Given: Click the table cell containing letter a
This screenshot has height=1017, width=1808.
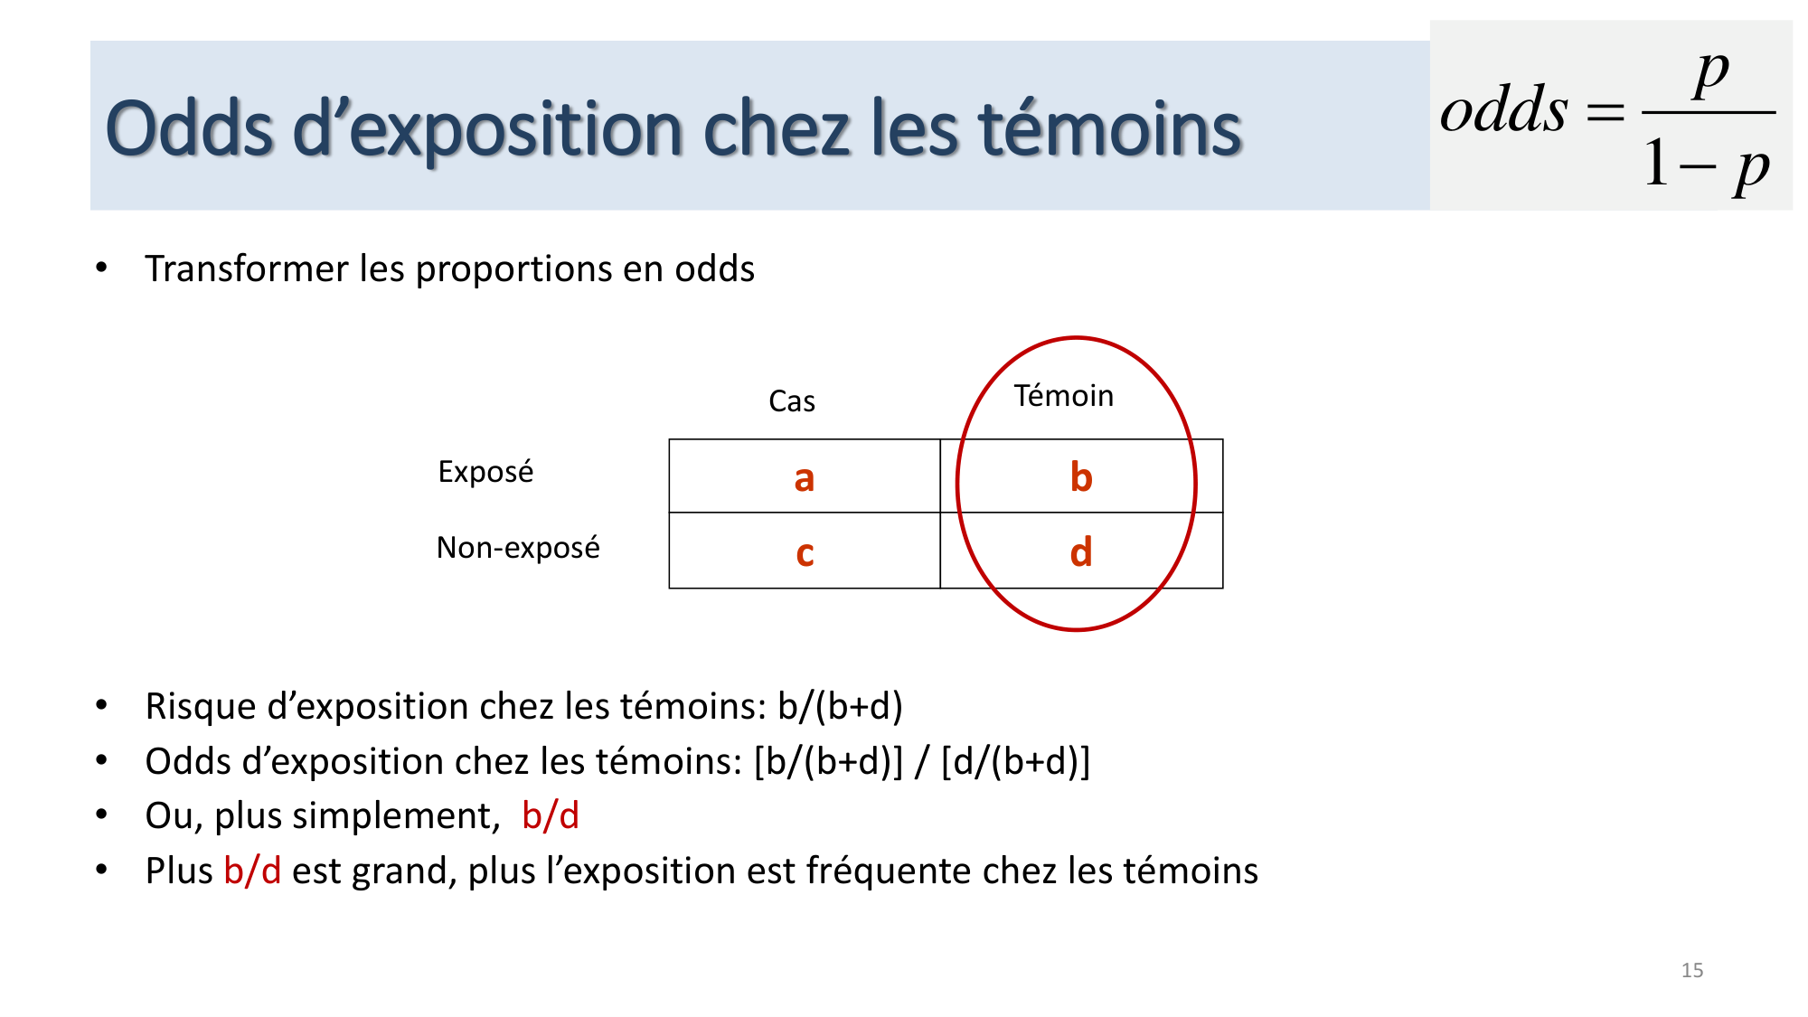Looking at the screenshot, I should [x=804, y=477].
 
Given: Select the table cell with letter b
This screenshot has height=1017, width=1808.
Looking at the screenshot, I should [x=1081, y=477].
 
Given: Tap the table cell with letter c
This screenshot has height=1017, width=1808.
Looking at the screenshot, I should [x=804, y=552].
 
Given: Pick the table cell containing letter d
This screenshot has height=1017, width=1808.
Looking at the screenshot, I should [x=1081, y=552].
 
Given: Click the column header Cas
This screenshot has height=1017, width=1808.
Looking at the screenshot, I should [x=791, y=401].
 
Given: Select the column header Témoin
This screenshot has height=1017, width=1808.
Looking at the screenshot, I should [x=1063, y=396].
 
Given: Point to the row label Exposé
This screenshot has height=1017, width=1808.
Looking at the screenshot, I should [x=485, y=472].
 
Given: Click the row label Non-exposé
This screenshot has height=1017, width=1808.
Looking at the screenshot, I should [x=518, y=548].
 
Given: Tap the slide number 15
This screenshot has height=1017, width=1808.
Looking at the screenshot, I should [x=1692, y=970].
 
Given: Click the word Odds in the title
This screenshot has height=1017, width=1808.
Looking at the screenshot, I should [x=189, y=128].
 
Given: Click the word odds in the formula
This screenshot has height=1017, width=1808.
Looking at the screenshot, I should [x=1503, y=110].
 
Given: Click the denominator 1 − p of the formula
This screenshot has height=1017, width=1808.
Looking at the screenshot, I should [x=1706, y=165].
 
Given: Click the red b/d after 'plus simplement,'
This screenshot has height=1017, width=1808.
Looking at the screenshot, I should [x=550, y=816].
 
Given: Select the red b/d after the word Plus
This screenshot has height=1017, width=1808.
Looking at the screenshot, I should [x=252, y=871].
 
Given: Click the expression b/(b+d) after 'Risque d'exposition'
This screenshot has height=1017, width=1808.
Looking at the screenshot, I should [x=840, y=707].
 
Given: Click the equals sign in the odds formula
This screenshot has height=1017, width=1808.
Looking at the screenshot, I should [x=1606, y=113].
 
